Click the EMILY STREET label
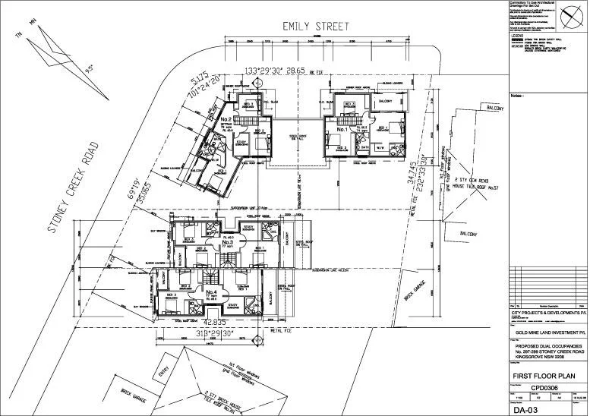point(316,26)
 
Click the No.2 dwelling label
point(226,119)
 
